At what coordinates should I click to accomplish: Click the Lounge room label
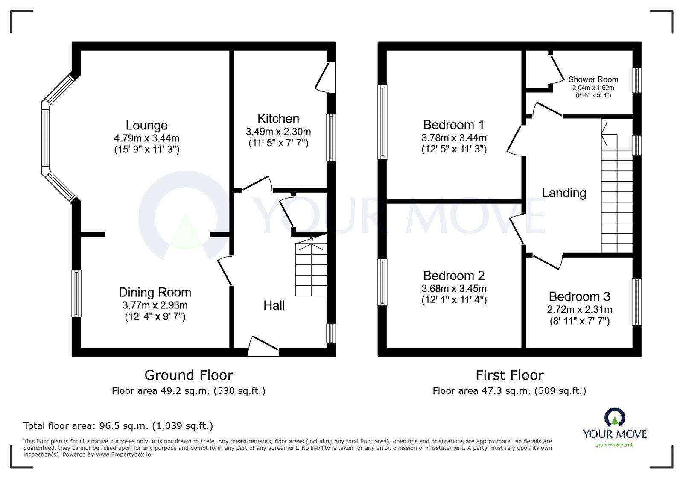(x=147, y=125)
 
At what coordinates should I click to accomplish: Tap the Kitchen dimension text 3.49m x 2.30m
(x=278, y=132)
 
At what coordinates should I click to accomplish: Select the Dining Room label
(x=155, y=292)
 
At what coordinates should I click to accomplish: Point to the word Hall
(x=274, y=305)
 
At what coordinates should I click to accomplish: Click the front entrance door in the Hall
(x=263, y=346)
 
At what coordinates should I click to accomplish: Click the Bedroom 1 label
(x=454, y=125)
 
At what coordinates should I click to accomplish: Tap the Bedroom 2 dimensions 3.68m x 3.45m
(x=454, y=289)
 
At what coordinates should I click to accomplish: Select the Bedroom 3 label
(x=580, y=296)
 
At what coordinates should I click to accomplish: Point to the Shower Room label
(x=593, y=79)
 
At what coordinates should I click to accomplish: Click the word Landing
(x=564, y=193)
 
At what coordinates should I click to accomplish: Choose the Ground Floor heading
(x=189, y=375)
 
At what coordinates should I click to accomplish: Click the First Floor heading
(x=510, y=375)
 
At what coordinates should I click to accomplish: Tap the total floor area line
(x=118, y=426)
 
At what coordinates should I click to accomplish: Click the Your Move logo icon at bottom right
(x=615, y=416)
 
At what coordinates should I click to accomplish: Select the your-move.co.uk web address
(x=615, y=445)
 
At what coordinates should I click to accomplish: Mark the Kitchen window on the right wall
(x=331, y=138)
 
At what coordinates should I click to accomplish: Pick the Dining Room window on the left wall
(x=76, y=293)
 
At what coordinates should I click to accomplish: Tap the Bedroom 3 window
(x=637, y=302)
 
